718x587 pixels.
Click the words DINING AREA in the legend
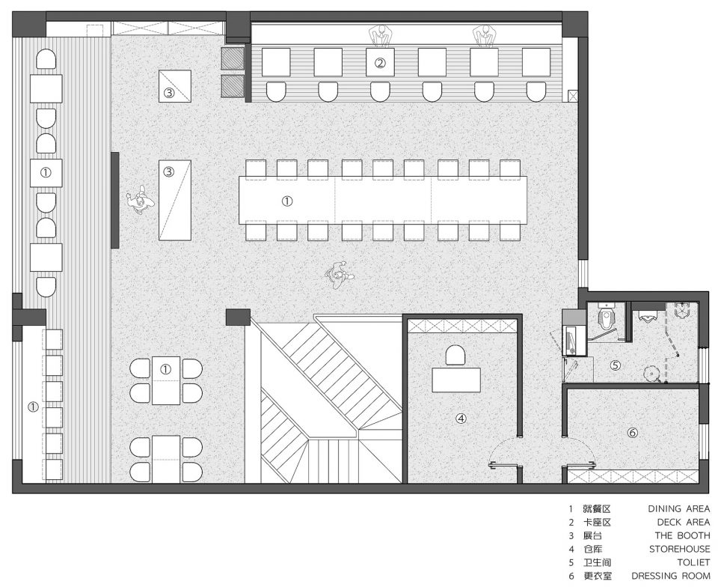pos(678,508)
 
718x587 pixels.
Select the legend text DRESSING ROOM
pos(670,576)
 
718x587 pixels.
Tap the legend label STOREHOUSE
pos(680,549)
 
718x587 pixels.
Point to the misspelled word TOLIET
pos(694,562)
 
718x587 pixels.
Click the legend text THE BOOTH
pos(682,535)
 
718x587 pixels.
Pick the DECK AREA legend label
pos(683,522)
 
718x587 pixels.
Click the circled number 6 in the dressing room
pos(633,433)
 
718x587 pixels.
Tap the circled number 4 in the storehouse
pos(461,418)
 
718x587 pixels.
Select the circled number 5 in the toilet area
pos(616,365)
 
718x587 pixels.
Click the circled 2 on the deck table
pos(380,63)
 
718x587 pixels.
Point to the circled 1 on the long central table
pos(287,201)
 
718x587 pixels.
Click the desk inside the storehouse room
pos(456,380)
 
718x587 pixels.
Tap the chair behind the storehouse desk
pos(455,356)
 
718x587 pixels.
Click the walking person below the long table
pos(340,275)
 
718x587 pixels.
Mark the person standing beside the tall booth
pos(139,200)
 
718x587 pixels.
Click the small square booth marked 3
pos(175,85)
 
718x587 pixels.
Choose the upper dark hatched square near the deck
pos(233,58)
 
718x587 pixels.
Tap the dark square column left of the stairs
pos(238,317)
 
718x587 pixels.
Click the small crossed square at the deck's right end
pos(572,96)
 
